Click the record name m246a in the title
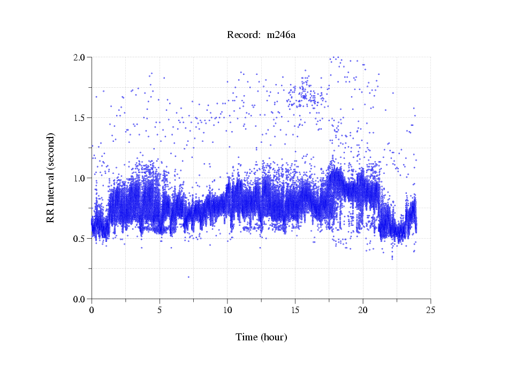click(282, 35)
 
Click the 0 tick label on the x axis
click(92, 310)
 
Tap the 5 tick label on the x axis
click(160, 310)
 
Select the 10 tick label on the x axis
click(228, 310)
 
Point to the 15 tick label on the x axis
click(295, 310)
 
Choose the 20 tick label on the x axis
click(363, 310)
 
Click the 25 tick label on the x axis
click(431, 310)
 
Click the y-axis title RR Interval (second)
click(50, 177)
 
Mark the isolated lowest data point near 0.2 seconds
click(188, 277)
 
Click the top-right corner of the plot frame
click(431, 57)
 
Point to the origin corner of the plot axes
click(92, 299)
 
